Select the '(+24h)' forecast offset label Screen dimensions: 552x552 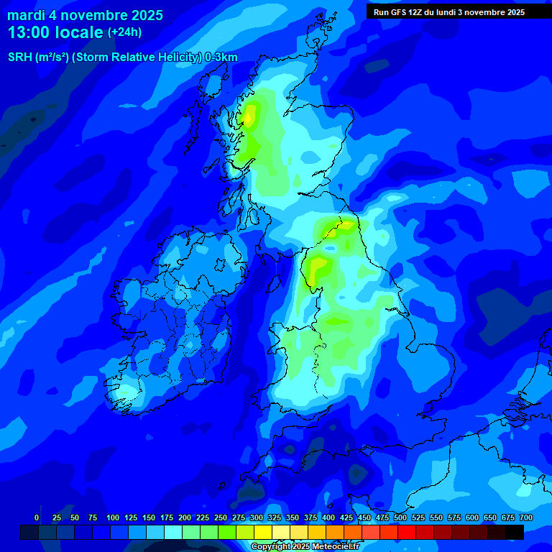124,32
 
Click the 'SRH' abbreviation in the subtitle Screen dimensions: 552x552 20,57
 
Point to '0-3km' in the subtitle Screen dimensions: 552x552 221,57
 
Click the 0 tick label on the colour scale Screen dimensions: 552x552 37,517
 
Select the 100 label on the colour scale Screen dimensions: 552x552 113,517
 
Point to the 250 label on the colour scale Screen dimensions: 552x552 221,517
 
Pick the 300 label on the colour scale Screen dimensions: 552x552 257,517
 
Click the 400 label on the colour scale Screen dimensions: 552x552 328,517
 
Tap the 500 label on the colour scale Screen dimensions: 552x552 400,517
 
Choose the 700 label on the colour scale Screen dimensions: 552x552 526,517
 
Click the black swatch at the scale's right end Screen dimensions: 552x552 515,533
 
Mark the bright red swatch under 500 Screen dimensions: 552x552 407,533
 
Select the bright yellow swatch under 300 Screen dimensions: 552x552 263,533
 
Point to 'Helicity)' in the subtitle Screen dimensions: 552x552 179,57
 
